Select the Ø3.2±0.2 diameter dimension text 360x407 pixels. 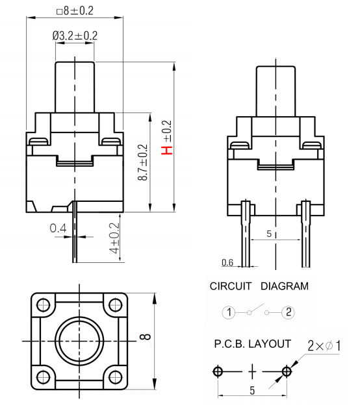(x=75, y=36)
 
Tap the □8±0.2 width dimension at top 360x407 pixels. (x=75, y=10)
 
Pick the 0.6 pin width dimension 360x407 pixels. (x=227, y=262)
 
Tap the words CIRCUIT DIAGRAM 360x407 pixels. (x=259, y=286)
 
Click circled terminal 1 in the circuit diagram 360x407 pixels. (x=228, y=312)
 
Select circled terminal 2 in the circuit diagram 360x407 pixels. (x=289, y=312)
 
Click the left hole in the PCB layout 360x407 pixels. (x=217, y=371)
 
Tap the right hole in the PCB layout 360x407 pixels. (x=287, y=371)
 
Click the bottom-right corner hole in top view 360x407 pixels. (x=114, y=375)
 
